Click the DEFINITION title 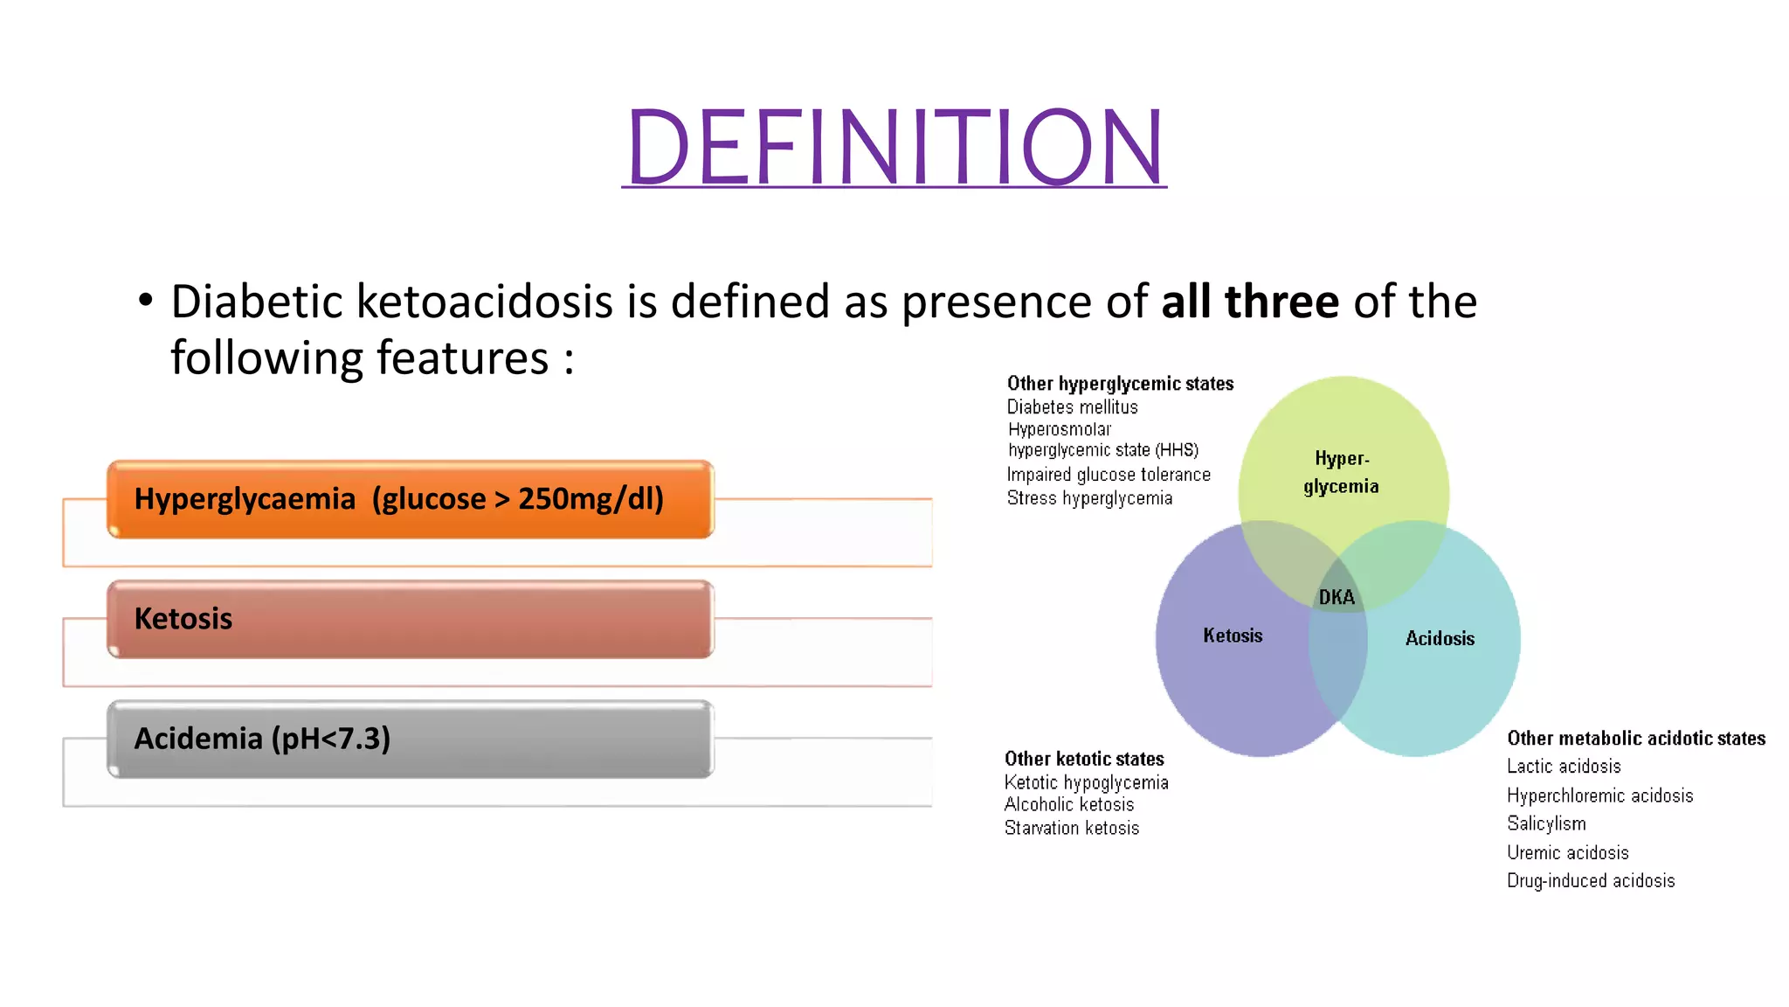[x=894, y=146]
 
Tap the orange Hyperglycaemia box [x=411, y=499]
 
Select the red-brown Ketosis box [x=411, y=619]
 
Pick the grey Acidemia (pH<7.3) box [x=411, y=739]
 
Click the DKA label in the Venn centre [x=1337, y=598]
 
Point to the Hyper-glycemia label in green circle [x=1342, y=472]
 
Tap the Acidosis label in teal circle [x=1440, y=639]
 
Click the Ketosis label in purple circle [x=1233, y=635]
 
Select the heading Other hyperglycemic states [x=1120, y=384]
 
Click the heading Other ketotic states [x=1084, y=759]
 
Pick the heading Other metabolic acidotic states [x=1635, y=739]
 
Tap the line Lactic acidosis [x=1564, y=767]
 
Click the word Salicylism [x=1546, y=823]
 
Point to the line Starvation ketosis [x=1072, y=828]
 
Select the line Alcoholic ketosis [x=1069, y=804]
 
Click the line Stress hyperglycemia [x=1089, y=498]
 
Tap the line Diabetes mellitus [x=1072, y=407]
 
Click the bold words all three [x=1249, y=302]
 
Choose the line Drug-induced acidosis [x=1591, y=881]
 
